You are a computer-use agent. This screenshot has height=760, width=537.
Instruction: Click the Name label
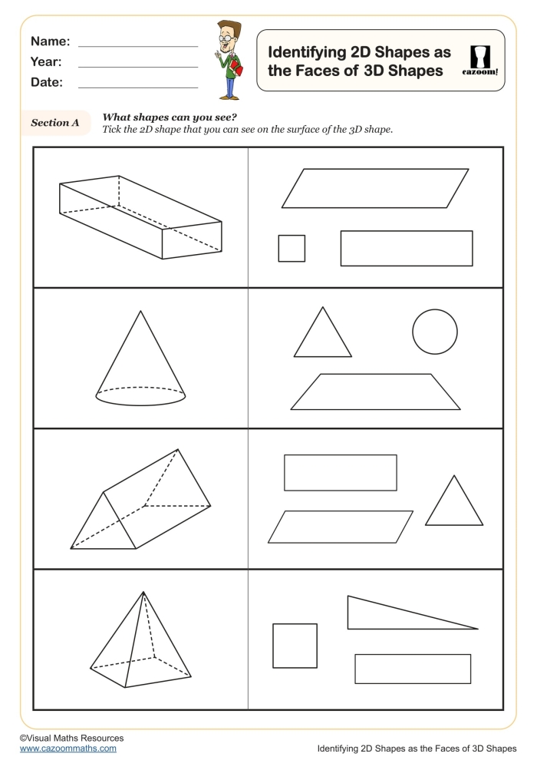pos(50,41)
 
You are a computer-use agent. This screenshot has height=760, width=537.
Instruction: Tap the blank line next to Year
pos(138,67)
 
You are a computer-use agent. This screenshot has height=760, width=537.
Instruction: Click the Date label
pos(47,82)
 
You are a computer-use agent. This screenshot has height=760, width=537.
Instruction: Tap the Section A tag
pos(54,122)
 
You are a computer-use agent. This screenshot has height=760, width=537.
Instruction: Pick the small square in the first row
pos(292,248)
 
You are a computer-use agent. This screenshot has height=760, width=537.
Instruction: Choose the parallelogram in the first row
pos(375,188)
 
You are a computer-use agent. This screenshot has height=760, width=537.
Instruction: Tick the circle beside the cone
pos(435,332)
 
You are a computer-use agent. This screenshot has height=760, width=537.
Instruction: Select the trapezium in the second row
pos(375,392)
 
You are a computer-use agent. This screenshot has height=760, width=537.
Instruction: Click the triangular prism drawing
pos(140,503)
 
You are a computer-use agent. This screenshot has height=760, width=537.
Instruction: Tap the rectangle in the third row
pos(340,472)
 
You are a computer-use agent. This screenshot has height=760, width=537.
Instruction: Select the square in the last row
pos(295,646)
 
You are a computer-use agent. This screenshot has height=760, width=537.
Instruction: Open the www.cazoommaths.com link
pos(68,748)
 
